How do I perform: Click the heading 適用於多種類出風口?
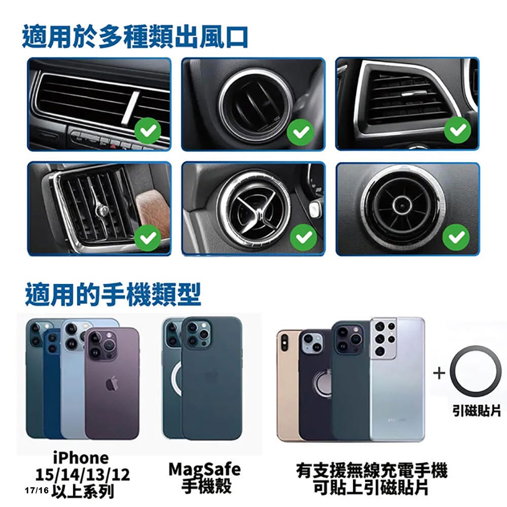[135, 37]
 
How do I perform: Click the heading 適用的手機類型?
[113, 294]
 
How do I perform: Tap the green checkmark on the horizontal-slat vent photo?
[148, 131]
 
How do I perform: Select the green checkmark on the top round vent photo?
[300, 132]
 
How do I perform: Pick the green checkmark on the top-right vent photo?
[457, 130]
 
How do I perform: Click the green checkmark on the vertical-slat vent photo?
[148, 237]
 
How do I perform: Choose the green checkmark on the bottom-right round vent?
[456, 237]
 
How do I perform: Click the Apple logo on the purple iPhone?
[112, 383]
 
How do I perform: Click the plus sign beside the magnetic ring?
[439, 373]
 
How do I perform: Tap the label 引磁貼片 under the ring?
[476, 411]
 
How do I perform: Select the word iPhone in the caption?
[81, 458]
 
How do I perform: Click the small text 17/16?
[37, 490]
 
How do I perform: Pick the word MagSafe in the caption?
[205, 469]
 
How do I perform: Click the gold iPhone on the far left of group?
[288, 385]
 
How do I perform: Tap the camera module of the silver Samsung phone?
[384, 338]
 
